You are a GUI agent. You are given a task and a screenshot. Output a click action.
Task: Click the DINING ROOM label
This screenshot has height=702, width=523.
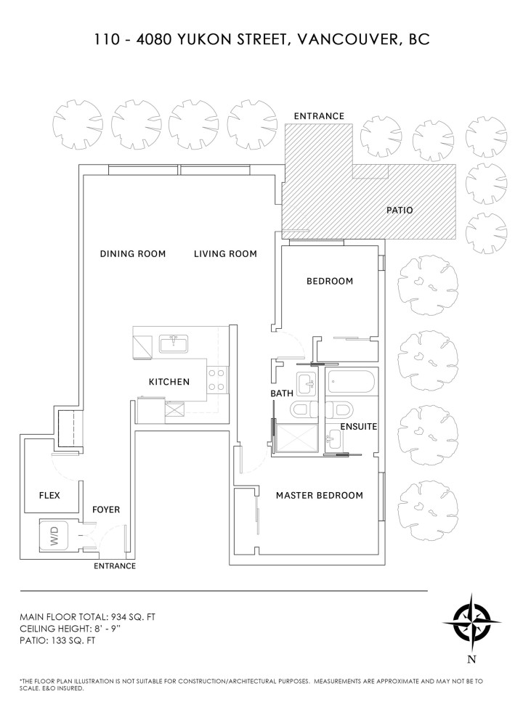point(133,254)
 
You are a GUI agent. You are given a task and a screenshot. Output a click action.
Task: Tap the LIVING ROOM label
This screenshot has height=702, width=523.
point(225,254)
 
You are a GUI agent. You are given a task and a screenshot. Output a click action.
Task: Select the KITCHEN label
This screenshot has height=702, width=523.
point(169,382)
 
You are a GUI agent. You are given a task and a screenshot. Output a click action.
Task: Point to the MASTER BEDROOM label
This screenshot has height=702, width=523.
point(319,496)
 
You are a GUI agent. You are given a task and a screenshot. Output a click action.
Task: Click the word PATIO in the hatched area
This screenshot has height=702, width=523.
point(399,211)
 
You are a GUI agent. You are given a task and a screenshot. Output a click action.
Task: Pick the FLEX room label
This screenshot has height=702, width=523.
point(49,496)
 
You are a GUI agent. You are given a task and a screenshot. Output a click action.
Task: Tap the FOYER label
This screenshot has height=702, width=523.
point(106,510)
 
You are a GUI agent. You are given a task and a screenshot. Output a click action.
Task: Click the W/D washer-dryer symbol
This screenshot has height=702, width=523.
point(56,538)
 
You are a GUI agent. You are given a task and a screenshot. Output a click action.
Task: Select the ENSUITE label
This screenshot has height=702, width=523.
point(359,427)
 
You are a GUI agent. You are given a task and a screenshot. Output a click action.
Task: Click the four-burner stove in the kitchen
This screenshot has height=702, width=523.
point(217,379)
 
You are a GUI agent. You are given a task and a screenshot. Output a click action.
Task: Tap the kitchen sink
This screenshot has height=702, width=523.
point(174,343)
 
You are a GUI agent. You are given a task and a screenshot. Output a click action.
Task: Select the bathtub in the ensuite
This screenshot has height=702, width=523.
point(351,380)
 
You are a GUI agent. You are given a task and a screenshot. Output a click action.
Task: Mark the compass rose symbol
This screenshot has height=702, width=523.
point(471,623)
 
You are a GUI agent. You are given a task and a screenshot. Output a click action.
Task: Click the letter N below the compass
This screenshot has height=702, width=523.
point(472,659)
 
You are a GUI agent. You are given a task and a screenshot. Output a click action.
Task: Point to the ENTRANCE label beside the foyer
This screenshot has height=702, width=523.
point(115,566)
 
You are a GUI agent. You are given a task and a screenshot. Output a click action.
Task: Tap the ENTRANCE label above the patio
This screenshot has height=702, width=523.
point(319,116)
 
